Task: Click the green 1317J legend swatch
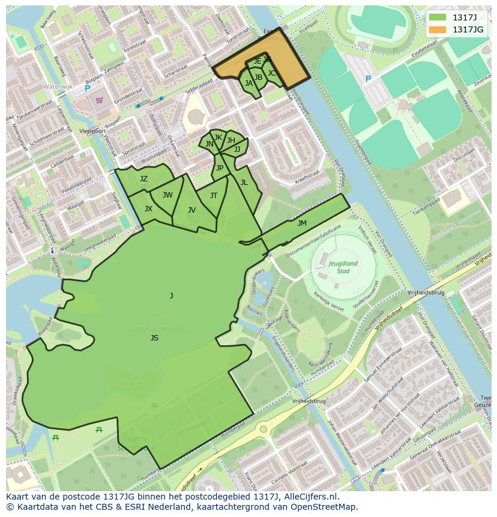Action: (x=438, y=17)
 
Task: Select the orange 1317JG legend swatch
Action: (x=438, y=29)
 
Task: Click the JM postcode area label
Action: (x=302, y=223)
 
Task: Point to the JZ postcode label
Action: (x=143, y=179)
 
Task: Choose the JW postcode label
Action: (x=167, y=195)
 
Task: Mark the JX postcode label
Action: (x=148, y=209)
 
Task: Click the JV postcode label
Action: (x=191, y=210)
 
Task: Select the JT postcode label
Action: (x=214, y=196)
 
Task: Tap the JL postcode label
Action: (x=244, y=183)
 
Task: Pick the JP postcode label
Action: (x=220, y=168)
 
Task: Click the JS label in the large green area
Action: (x=154, y=338)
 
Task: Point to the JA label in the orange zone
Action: (x=248, y=83)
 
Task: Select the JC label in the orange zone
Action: (x=271, y=73)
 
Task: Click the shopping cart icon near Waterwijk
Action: (x=99, y=100)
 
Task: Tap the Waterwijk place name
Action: (x=58, y=87)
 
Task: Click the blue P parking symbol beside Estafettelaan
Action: (x=368, y=79)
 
